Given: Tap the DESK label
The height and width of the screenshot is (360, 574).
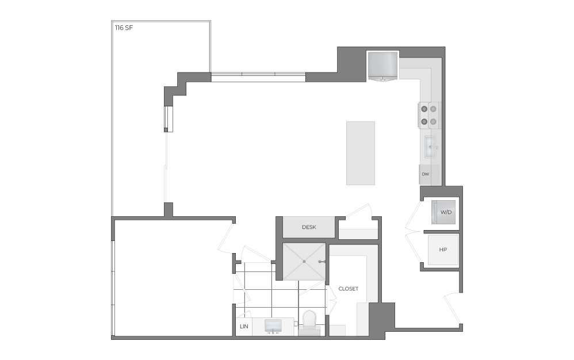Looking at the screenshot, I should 309,227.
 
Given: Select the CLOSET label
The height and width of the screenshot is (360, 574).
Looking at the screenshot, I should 348,289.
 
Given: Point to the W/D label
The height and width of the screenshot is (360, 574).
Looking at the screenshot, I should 446,212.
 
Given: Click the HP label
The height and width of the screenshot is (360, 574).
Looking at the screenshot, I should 443,250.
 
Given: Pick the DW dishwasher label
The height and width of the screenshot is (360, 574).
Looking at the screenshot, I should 426,174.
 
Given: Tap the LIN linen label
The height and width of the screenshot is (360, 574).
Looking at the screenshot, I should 243,327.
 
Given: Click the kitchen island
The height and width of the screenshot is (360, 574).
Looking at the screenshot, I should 361,153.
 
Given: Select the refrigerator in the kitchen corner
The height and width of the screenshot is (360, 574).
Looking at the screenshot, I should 382,66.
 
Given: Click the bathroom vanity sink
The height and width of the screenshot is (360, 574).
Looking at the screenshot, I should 272,327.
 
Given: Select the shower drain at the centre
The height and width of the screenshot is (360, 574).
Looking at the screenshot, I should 304,262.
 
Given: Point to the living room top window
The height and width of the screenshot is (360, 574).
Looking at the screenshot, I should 258,77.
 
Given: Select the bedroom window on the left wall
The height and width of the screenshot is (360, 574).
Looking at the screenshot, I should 113,288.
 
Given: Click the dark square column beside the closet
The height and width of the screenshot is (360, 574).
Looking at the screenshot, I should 381,317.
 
